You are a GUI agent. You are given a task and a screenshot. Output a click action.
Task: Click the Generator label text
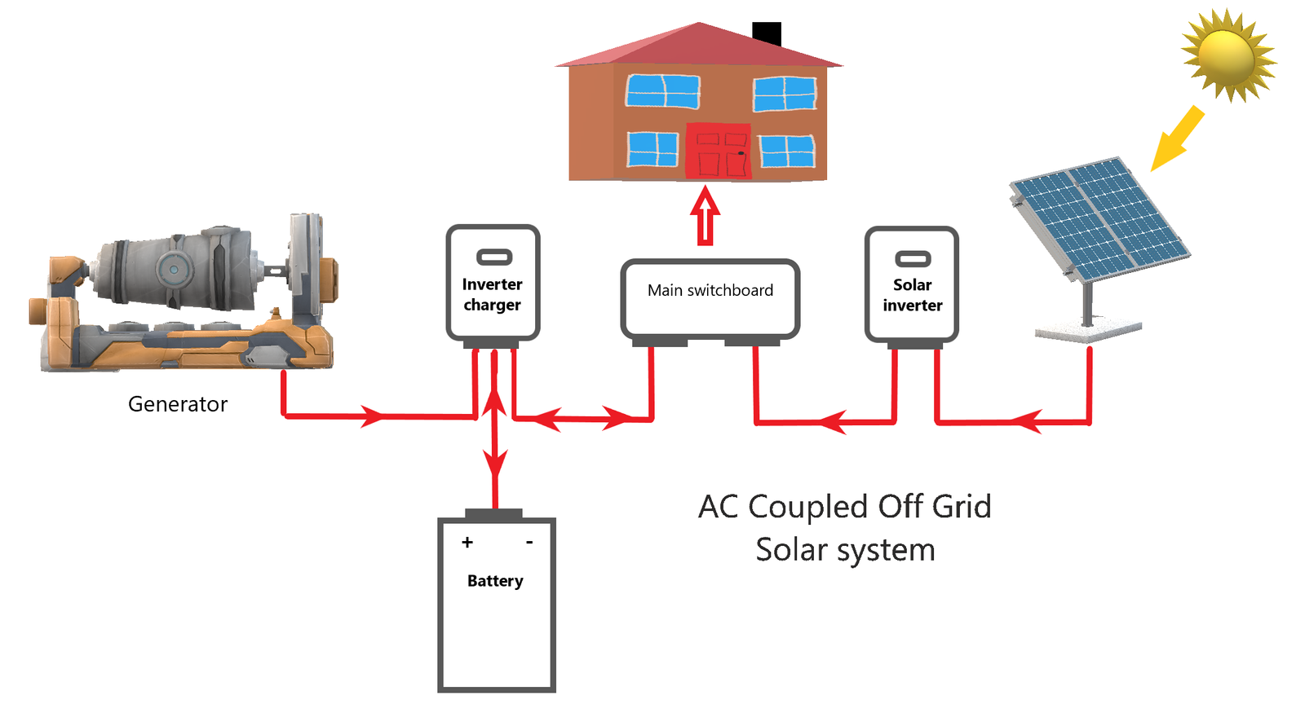[178, 404]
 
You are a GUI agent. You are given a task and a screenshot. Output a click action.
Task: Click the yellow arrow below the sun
[1176, 139]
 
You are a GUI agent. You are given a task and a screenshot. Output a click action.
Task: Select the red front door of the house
[718, 152]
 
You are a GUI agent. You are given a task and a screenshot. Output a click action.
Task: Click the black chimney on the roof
[767, 33]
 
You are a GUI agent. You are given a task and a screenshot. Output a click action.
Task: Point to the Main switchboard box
[710, 298]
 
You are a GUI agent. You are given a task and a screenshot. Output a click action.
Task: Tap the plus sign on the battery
[467, 542]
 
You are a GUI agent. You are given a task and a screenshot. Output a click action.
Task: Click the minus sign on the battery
[529, 542]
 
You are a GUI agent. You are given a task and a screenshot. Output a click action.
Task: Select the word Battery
[495, 581]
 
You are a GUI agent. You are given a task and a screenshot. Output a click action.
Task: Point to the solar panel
[1099, 215]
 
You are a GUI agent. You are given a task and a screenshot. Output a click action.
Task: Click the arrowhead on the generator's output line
[372, 416]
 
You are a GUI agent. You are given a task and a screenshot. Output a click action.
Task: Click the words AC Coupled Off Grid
[845, 507]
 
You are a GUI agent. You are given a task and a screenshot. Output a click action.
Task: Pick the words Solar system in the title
[845, 550]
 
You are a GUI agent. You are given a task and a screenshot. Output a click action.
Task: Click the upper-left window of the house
[662, 90]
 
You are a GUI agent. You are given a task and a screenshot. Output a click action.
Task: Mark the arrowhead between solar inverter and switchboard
[831, 422]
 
